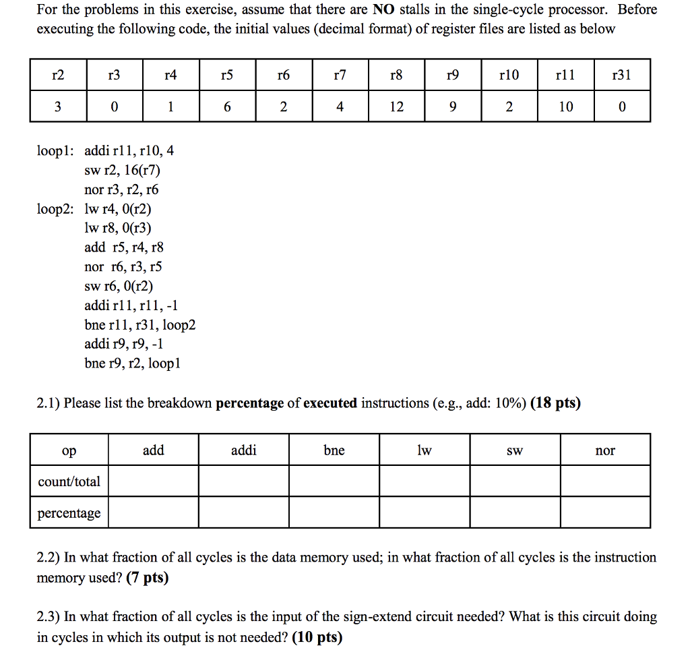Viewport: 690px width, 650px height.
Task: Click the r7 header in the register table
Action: (x=340, y=75)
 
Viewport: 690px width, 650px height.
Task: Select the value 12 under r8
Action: (x=397, y=107)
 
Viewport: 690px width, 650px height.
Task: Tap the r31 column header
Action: (x=621, y=75)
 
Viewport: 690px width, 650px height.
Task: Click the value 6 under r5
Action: (x=227, y=107)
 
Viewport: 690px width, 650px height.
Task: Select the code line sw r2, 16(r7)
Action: (x=123, y=170)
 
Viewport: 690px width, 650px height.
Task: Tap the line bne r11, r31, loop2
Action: (x=140, y=325)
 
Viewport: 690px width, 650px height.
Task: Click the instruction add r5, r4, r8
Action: (x=124, y=247)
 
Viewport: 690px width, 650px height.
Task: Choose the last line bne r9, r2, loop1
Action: (x=133, y=363)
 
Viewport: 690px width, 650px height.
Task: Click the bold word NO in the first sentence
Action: (x=383, y=10)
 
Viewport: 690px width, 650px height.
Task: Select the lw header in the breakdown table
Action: (x=425, y=450)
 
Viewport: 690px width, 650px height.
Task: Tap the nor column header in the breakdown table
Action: (x=605, y=450)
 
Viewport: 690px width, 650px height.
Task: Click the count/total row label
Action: (x=69, y=481)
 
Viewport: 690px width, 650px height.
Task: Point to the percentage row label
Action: (x=69, y=513)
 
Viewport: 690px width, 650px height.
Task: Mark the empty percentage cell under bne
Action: (x=334, y=513)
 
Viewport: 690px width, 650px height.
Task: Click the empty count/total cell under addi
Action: (x=244, y=481)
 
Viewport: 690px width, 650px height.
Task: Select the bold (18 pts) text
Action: (x=555, y=403)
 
